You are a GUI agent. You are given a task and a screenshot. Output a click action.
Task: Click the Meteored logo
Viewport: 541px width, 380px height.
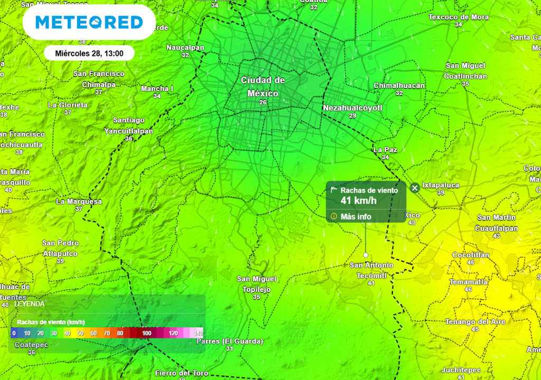pos(89,22)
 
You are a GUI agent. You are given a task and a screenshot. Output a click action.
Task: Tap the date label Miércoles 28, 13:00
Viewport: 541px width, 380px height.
pos(89,53)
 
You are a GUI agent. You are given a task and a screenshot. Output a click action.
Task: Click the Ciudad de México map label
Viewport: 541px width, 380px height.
pos(263,87)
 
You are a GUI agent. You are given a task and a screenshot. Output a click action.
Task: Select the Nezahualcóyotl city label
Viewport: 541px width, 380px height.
pos(352,108)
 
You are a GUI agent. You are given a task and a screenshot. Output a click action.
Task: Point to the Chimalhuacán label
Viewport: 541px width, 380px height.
pos(399,85)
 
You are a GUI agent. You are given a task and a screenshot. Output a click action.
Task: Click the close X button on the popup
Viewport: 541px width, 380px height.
pos(415,187)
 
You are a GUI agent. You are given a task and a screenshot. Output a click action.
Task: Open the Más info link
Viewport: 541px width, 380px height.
pos(356,216)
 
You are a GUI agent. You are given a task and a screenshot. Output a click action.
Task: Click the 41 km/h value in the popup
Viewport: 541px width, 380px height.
pos(359,201)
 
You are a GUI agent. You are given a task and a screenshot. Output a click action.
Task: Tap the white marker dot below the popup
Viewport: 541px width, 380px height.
pos(366,255)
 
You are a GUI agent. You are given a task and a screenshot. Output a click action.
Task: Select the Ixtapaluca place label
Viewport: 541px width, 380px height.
pos(441,185)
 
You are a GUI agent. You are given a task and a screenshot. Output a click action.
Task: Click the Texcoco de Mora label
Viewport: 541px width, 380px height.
pos(459,17)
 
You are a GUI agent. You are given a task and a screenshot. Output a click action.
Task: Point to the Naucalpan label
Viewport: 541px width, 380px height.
pos(185,47)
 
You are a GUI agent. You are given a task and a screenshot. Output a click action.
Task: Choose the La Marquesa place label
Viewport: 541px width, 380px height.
pos(79,201)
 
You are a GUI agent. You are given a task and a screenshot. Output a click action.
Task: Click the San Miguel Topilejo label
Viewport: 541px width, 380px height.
pos(256,284)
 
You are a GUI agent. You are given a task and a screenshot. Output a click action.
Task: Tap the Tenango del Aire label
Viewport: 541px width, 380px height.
pos(475,322)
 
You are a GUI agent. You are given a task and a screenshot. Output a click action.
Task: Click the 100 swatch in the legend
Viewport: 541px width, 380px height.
pos(147,333)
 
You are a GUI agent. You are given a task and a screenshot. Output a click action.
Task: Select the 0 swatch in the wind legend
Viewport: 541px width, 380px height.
pos(14,333)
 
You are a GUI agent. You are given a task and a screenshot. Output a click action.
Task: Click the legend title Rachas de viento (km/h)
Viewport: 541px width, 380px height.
pos(51,322)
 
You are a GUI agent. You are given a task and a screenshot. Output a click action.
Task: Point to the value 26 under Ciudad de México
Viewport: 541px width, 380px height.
pos(263,102)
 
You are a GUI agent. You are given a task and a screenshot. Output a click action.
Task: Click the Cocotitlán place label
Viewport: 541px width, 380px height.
pos(471,255)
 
